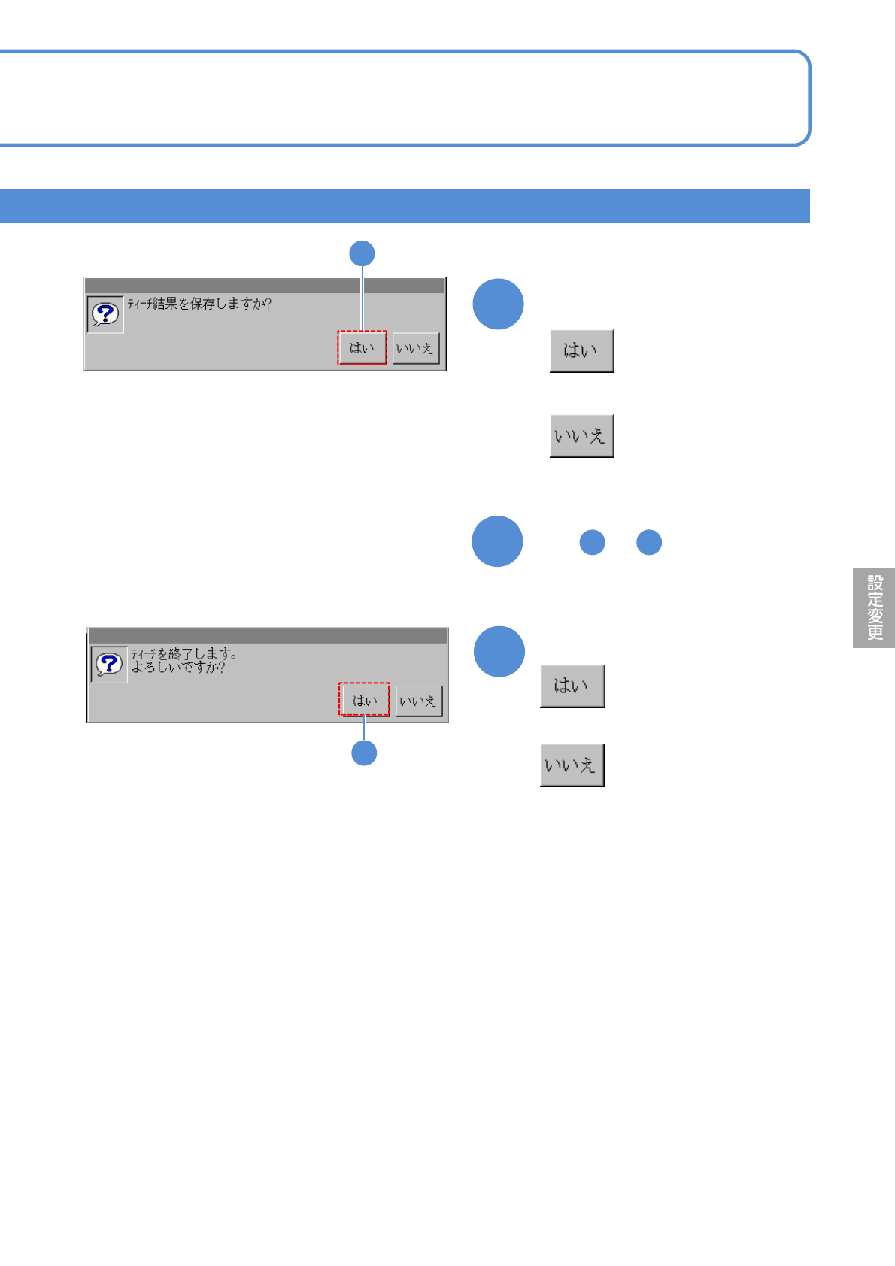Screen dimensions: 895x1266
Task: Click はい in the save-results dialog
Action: click(362, 348)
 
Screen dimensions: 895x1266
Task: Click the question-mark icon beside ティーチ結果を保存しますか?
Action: click(105, 314)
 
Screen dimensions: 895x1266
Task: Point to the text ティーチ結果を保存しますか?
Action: click(199, 304)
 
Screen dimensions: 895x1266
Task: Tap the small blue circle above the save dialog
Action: click(362, 253)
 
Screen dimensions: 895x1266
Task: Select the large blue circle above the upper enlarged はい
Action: click(498, 304)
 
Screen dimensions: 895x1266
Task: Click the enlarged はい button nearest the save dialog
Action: click(581, 350)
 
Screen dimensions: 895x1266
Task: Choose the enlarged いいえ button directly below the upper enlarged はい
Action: click(581, 435)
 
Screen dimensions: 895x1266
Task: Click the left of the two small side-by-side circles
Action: click(592, 542)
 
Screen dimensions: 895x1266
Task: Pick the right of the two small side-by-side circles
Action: click(649, 542)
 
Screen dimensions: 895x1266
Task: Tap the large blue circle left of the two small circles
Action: click(497, 541)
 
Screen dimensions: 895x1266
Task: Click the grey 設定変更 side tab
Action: click(874, 607)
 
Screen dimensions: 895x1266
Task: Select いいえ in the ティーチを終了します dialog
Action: click(418, 701)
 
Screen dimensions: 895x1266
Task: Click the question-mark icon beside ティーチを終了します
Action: click(109, 665)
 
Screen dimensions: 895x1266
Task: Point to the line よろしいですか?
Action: click(178, 667)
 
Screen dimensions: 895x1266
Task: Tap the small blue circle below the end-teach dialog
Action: click(364, 753)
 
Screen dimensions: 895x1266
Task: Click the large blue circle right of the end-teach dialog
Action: click(499, 651)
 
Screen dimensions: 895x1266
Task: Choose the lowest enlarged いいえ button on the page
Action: click(572, 765)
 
